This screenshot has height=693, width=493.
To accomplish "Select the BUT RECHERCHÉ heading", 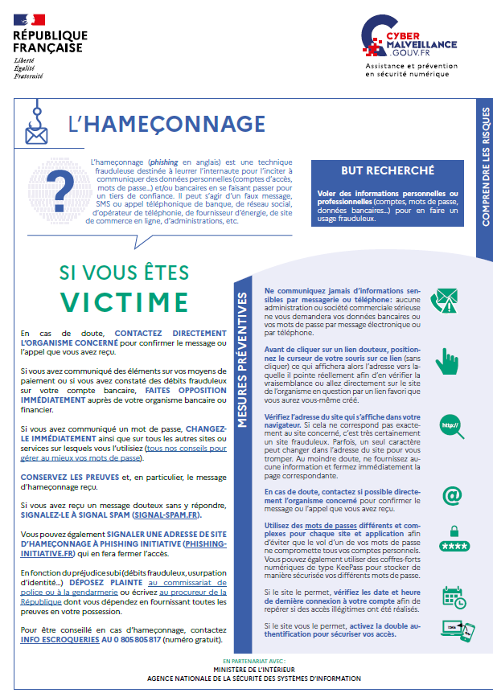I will pos(376,171).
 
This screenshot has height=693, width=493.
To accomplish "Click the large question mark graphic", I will pos(64,176).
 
